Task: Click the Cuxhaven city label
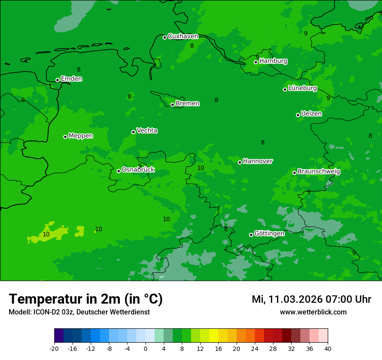(183, 36)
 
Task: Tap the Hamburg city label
(273, 61)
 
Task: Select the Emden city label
(71, 79)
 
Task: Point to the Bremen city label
(188, 104)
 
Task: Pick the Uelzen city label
(311, 114)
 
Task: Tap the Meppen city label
(81, 136)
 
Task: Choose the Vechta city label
(147, 131)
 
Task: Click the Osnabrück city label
(138, 170)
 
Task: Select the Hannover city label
(258, 161)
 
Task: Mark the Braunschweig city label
(319, 172)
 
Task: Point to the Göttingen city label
(269, 234)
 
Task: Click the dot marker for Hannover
(240, 162)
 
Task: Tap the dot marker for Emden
(57, 80)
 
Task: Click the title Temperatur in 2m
(86, 299)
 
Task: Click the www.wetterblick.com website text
(313, 312)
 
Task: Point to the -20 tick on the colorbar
(54, 349)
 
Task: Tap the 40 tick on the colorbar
(328, 349)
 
